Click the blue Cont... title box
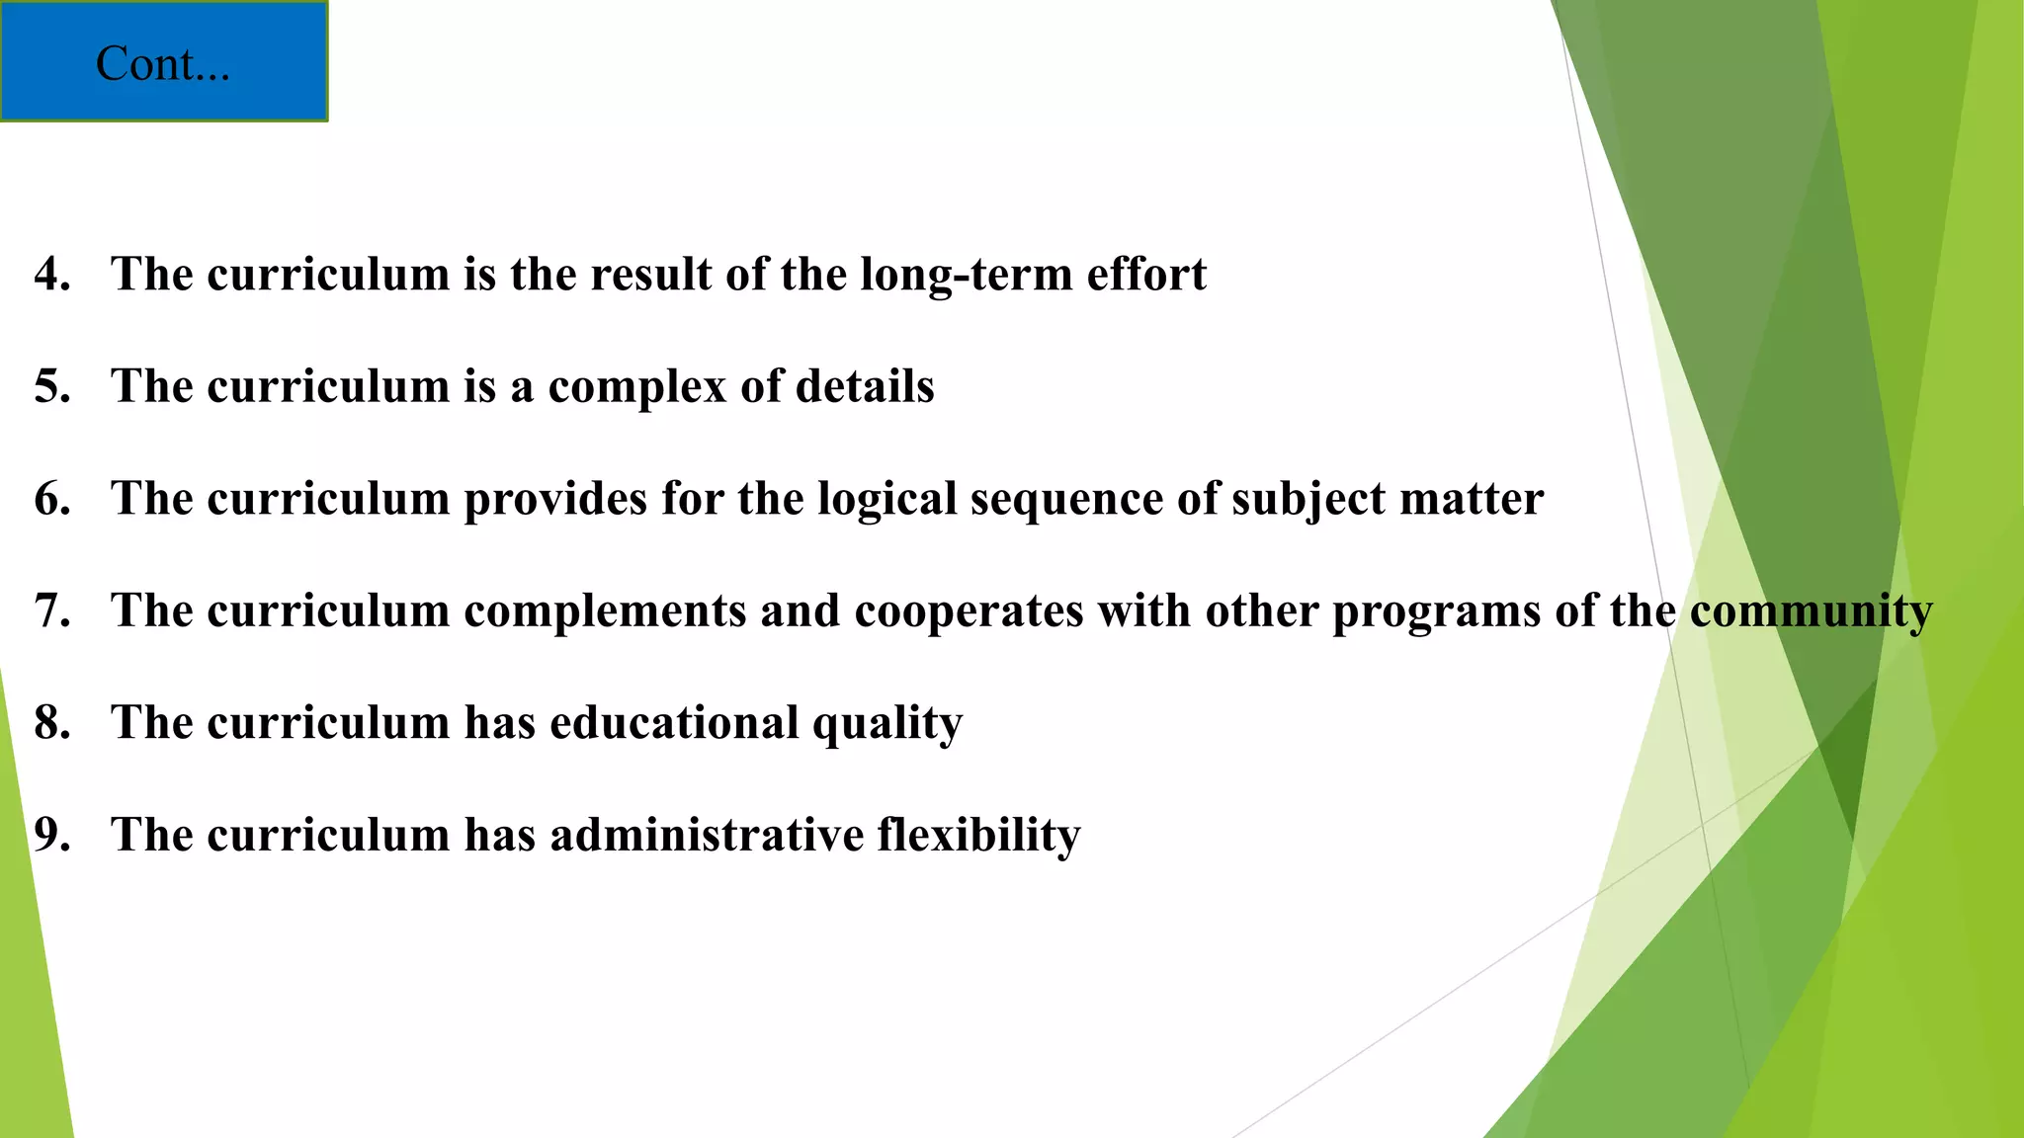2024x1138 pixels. (x=163, y=61)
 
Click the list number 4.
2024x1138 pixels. (x=51, y=274)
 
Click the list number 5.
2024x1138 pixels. (x=51, y=386)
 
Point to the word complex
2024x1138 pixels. (x=637, y=386)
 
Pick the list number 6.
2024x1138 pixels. (x=51, y=499)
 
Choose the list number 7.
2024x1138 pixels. (x=51, y=610)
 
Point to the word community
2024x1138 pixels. (x=1811, y=610)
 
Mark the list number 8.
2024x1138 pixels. (x=51, y=723)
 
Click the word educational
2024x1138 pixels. (x=674, y=723)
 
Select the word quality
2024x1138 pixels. (x=886, y=723)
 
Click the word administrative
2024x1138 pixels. (x=707, y=835)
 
